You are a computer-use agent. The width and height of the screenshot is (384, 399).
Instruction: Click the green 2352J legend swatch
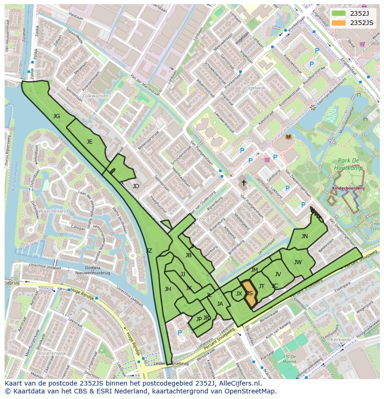pos(339,13)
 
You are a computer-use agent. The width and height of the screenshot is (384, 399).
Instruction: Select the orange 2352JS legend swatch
pos(339,23)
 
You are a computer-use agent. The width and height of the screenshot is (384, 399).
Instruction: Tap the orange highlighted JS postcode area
pos(250,294)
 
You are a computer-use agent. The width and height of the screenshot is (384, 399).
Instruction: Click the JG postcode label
pos(57,116)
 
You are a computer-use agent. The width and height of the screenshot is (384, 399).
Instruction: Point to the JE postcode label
pos(90,142)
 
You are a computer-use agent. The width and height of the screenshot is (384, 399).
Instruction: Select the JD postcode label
pos(135,186)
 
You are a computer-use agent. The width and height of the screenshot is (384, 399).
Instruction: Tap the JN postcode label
pos(304,236)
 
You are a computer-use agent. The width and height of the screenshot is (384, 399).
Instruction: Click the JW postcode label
pos(298,262)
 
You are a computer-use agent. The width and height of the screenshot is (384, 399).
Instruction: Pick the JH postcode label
pos(167,289)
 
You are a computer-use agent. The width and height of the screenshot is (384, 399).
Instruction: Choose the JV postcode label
pos(278,274)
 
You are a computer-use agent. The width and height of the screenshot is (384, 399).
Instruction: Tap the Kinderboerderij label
pos(348,189)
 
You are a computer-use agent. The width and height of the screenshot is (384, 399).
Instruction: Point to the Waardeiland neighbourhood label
pos(53,211)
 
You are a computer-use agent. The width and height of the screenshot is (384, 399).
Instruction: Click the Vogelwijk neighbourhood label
pos(254,87)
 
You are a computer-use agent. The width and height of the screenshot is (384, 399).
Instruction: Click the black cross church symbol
pos(243,183)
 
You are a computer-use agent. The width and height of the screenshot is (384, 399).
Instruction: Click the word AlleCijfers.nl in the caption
pos(237,384)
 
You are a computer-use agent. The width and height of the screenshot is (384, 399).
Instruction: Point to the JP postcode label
pos(198,319)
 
